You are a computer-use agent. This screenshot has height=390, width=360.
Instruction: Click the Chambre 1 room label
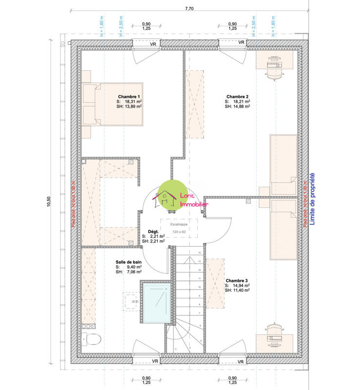click(129, 97)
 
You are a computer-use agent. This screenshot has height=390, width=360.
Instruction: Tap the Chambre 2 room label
click(237, 97)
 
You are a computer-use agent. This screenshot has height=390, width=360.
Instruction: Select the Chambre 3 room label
click(237, 280)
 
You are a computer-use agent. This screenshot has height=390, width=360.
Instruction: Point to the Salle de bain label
click(129, 262)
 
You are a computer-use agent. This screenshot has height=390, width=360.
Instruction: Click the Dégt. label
click(154, 232)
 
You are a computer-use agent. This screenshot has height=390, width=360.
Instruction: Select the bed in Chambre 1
click(113, 104)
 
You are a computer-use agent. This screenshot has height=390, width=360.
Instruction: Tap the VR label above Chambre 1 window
click(153, 43)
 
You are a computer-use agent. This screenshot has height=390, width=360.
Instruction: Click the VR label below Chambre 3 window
click(241, 361)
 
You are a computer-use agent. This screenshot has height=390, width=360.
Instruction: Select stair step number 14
click(200, 253)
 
